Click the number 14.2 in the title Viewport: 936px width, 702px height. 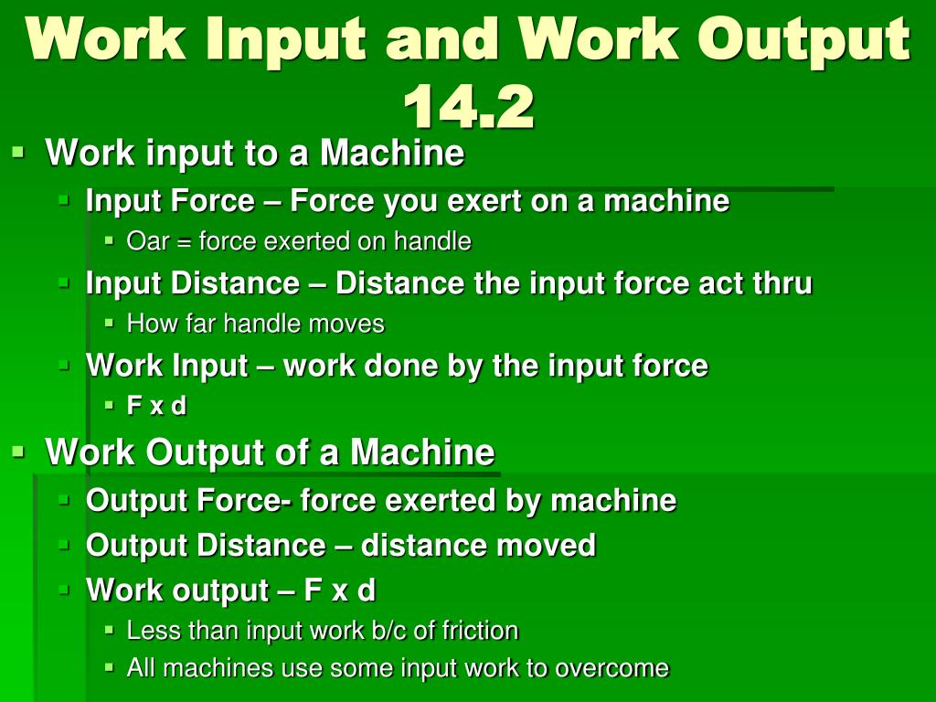468,108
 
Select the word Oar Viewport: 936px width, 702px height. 146,242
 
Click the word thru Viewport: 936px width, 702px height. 782,283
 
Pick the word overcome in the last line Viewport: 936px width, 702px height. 612,668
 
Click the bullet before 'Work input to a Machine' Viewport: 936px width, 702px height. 18,152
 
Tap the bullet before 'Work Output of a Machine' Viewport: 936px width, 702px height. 18,451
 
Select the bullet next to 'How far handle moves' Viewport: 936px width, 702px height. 109,323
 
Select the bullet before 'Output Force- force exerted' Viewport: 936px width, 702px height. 64,499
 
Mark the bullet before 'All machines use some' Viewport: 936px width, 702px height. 109,667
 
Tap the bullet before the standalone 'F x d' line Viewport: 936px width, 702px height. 109,405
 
